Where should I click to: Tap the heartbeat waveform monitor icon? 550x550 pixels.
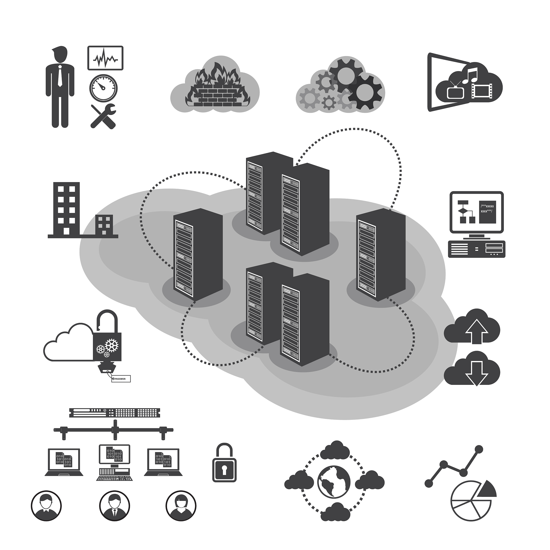pos(105,58)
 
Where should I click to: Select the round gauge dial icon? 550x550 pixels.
pos(103,88)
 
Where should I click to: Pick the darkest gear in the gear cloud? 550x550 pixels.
pos(365,92)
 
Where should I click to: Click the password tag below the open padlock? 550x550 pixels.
pos(121,379)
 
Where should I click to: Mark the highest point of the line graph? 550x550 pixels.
pos(479,450)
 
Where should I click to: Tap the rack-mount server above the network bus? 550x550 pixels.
pos(114,412)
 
